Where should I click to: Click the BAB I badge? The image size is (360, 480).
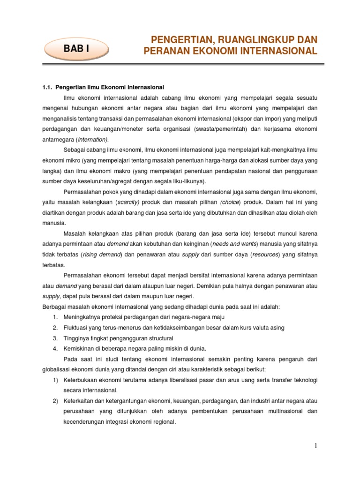coord(76,48)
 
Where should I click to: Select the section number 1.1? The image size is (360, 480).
coord(48,87)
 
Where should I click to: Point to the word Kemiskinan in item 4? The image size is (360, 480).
coord(79,348)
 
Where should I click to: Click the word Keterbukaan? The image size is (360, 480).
coord(81,379)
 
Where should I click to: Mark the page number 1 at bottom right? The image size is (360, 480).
coord(316,446)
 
